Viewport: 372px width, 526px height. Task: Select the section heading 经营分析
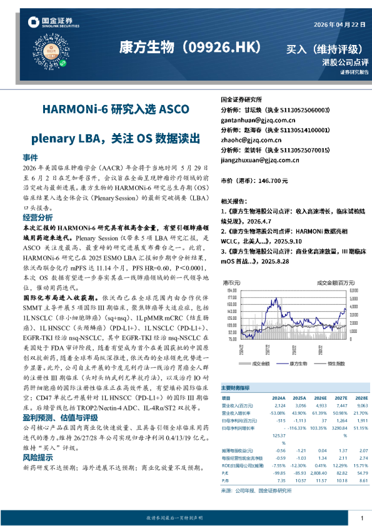38,217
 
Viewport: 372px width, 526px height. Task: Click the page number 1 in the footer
362,518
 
